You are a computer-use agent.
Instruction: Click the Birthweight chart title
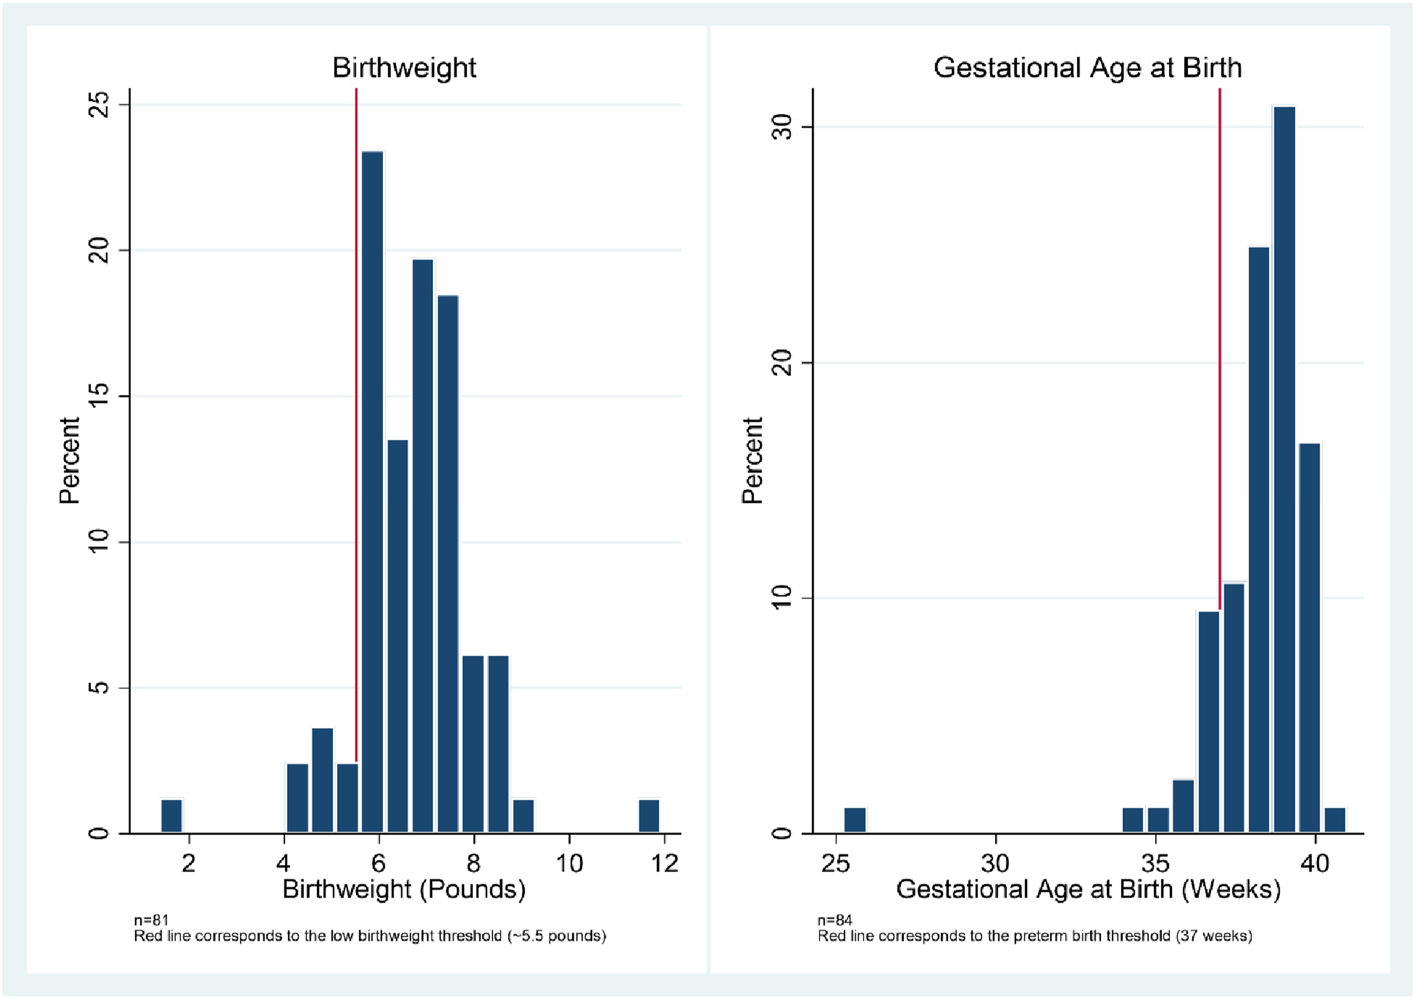[x=404, y=68]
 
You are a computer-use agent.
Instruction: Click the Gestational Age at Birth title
[x=1087, y=68]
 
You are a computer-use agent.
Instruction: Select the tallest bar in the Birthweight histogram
[x=372, y=492]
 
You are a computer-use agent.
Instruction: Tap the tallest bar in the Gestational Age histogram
[x=1284, y=470]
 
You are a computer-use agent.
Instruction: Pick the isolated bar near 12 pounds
[x=649, y=816]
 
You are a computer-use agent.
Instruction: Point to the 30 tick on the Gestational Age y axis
[x=781, y=127]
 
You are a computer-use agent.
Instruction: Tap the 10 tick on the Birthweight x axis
[x=569, y=863]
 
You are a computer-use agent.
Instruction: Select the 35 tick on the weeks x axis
[x=1155, y=863]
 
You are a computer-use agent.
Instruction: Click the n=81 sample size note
[x=151, y=920]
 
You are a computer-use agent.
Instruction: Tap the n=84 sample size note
[x=834, y=920]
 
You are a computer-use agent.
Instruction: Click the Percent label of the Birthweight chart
[x=70, y=461]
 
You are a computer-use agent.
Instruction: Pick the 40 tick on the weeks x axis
[x=1315, y=863]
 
